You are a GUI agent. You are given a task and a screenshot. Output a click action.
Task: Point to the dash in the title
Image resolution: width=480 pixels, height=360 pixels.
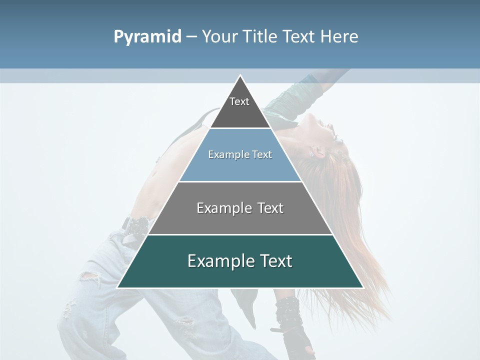191,37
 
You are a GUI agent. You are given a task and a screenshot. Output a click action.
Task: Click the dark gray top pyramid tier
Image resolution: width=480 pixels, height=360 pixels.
240,112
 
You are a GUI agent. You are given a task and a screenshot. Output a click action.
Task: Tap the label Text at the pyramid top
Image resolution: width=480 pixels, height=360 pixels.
239,101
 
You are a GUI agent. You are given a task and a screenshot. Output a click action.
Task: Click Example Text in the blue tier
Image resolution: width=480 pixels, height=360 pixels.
240,154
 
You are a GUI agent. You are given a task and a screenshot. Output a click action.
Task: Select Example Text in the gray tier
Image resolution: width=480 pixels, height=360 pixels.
240,208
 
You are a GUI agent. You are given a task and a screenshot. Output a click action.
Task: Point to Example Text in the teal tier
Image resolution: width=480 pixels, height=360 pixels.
240,261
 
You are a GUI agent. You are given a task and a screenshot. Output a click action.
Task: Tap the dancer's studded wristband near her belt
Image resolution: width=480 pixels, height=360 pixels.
136,226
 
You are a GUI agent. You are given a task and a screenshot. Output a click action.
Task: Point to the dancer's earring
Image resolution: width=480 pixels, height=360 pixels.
310,154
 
